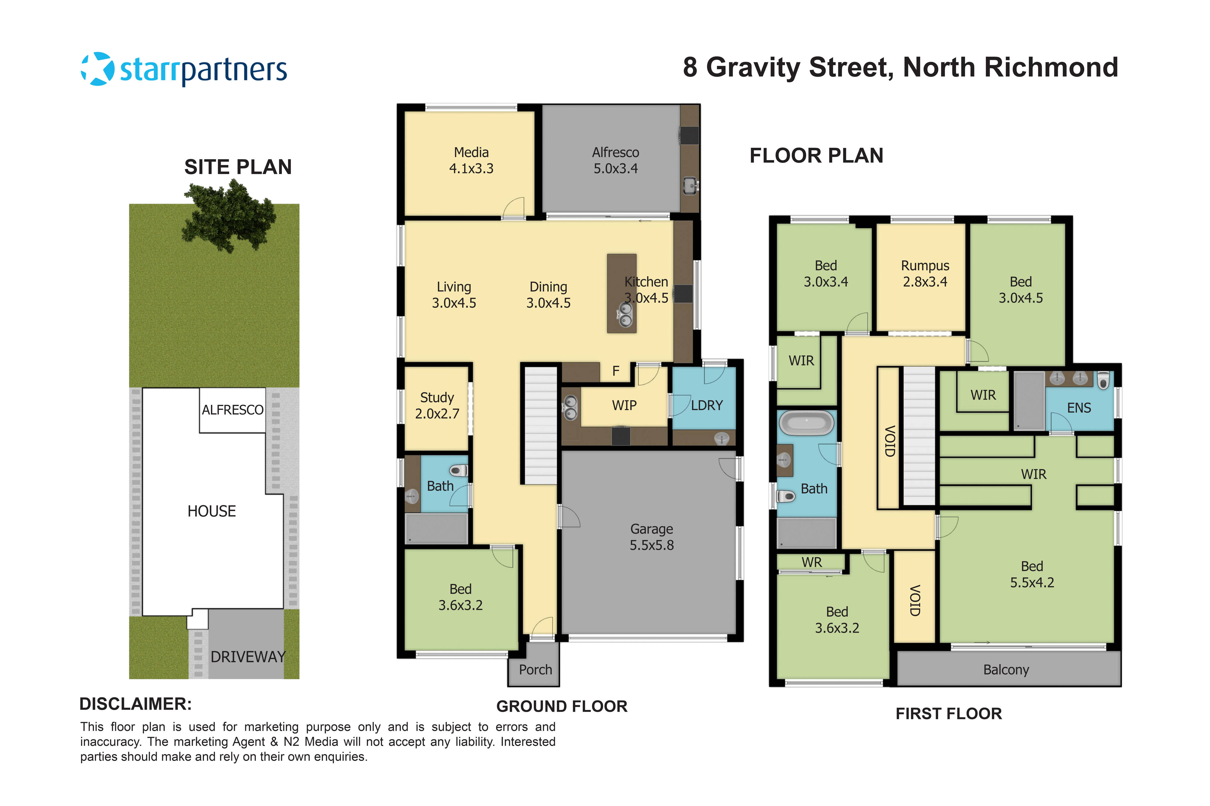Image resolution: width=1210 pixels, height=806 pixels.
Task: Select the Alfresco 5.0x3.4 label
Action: [x=615, y=160]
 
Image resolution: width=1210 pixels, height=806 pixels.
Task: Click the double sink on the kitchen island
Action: [x=625, y=315]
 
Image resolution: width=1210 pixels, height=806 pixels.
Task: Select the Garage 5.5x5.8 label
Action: [x=651, y=537]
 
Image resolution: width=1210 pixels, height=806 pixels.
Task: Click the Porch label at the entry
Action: [x=535, y=669]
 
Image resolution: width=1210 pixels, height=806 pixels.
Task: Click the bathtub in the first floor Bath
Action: [x=806, y=423]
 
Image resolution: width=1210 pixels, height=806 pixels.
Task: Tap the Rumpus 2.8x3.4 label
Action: [x=924, y=274]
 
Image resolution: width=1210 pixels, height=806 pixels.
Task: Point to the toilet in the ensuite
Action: [x=1103, y=381]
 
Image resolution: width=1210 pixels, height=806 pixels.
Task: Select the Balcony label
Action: [x=1006, y=669]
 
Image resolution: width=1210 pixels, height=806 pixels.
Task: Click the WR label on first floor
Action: [x=811, y=562]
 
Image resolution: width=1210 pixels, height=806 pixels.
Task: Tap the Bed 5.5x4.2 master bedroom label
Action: [x=1032, y=574]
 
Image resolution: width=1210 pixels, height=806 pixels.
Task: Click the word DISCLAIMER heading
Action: [x=135, y=704]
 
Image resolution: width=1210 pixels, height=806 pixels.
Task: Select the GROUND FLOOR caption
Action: [x=561, y=706]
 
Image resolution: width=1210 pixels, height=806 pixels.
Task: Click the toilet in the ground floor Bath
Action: [x=458, y=470]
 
